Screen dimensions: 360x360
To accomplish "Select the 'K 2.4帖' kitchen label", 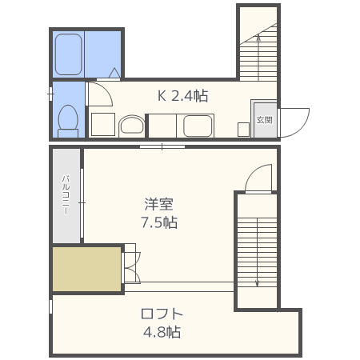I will point(182,96).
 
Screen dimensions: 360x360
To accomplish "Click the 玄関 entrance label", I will point(263,120).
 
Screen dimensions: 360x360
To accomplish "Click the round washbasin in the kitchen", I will point(131,125).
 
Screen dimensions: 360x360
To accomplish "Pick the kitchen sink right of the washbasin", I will point(197,126).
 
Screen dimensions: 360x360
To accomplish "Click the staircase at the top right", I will point(258,52).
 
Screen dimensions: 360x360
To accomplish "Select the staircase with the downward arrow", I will point(256,252).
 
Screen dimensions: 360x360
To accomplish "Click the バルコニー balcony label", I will point(66,195).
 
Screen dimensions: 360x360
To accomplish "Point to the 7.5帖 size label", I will point(159,222).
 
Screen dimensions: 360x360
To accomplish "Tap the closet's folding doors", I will point(130,267).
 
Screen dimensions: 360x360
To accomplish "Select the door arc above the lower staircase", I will point(259,178).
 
